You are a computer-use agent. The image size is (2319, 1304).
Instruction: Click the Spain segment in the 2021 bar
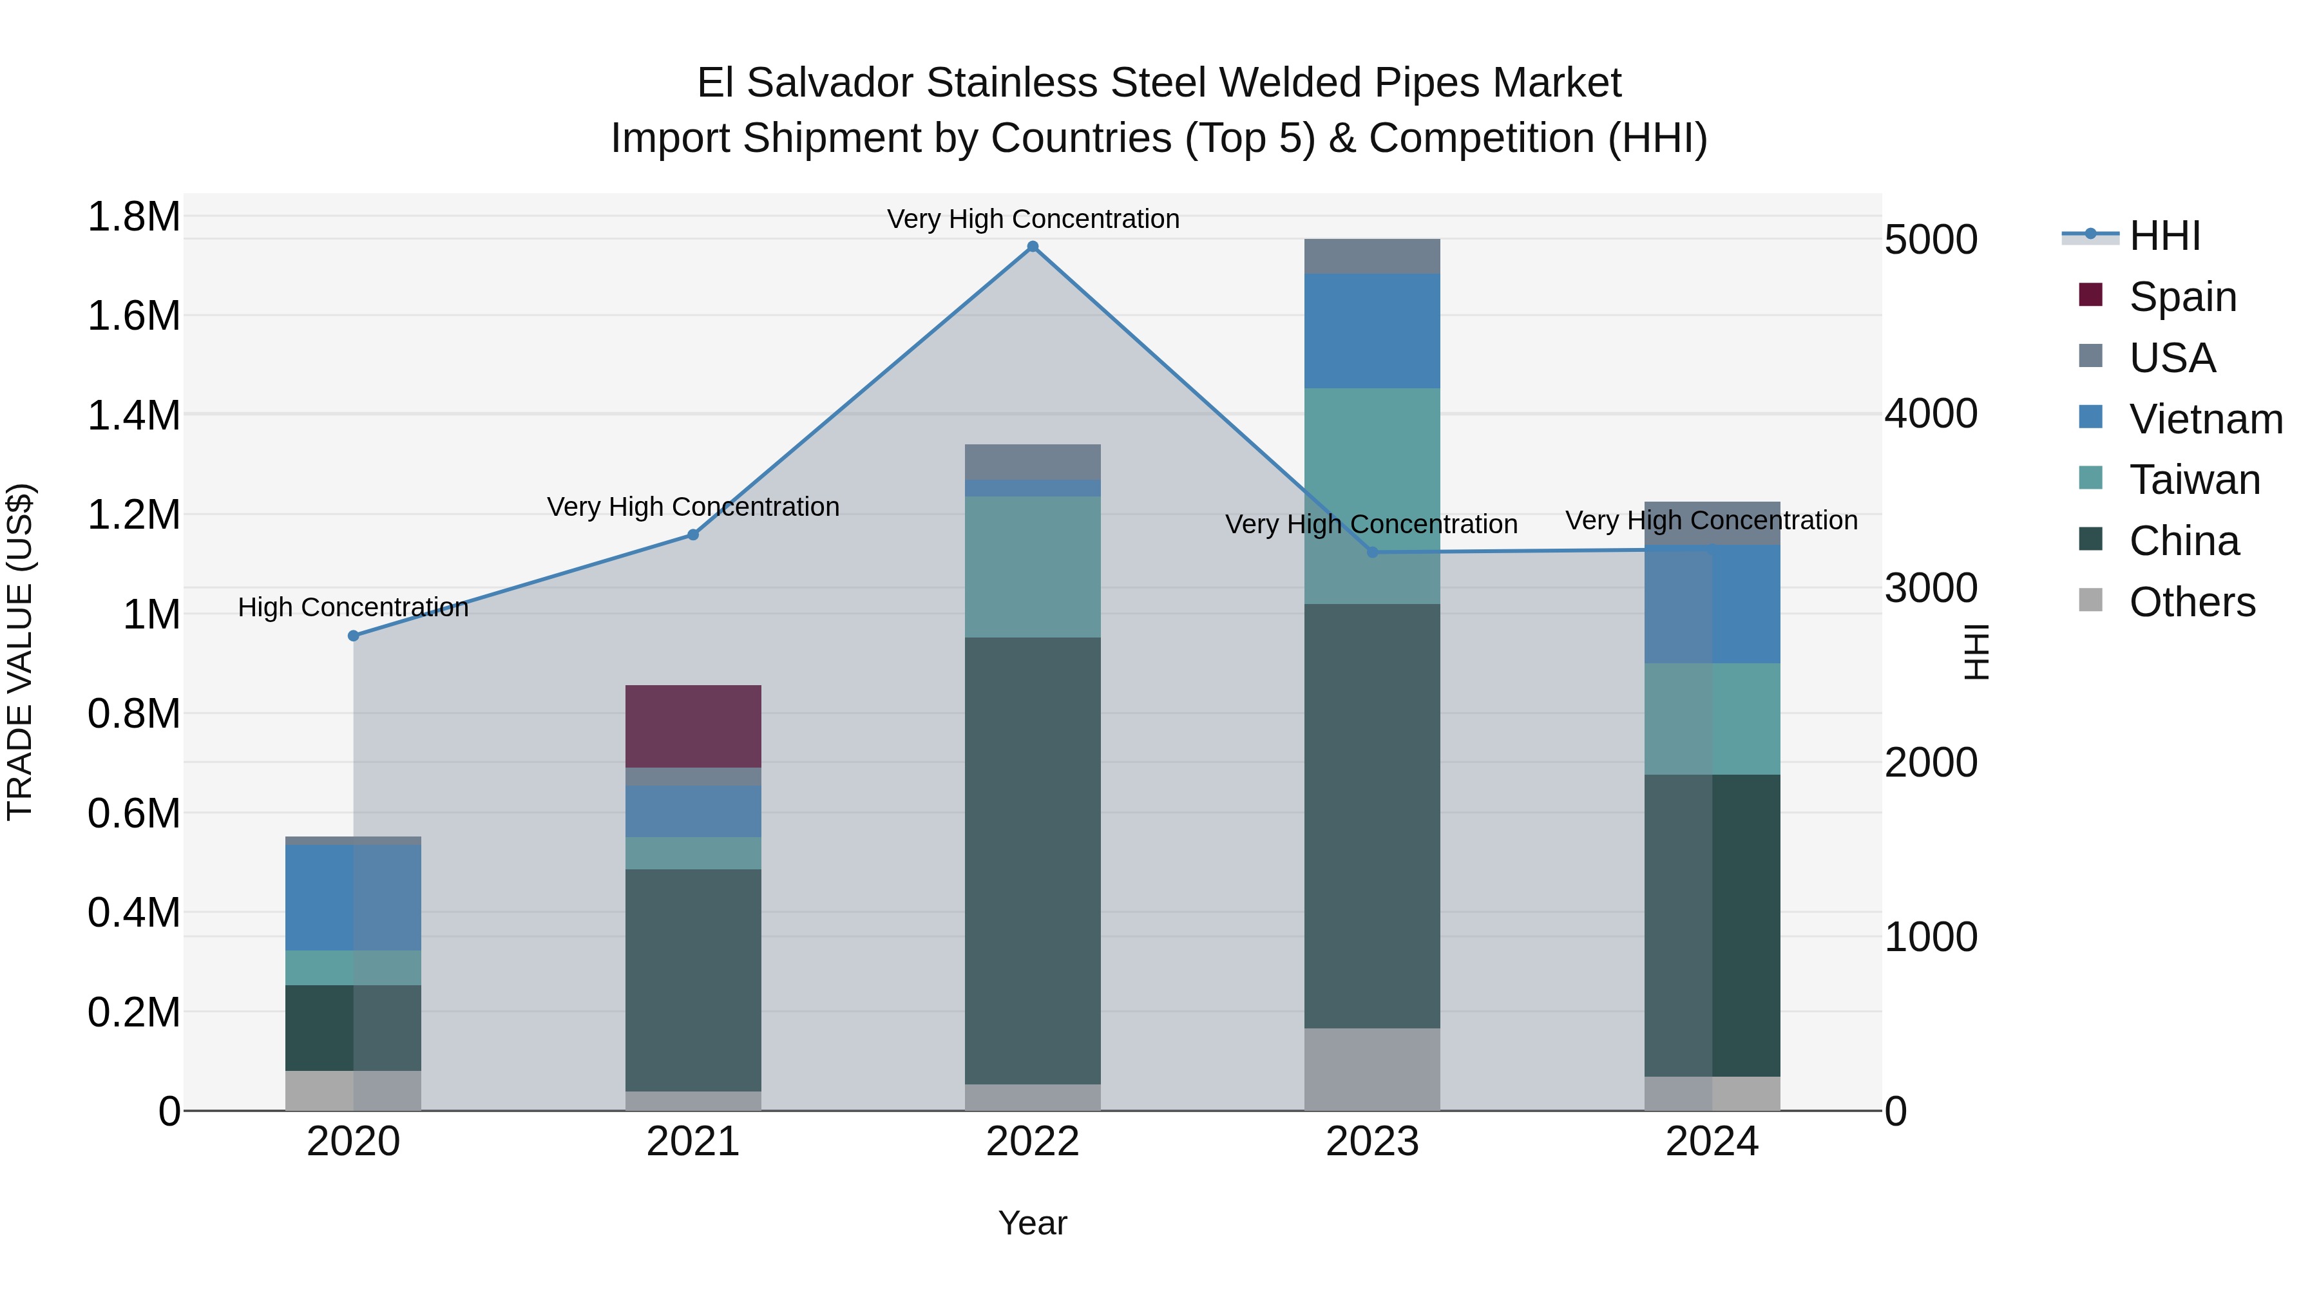693,726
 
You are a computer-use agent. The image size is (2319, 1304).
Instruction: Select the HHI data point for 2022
1033,247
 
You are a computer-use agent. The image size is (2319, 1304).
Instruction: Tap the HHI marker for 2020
354,636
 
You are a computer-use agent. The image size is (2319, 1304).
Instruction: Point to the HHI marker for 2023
1372,553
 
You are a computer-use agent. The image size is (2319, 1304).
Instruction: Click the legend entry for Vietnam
2206,419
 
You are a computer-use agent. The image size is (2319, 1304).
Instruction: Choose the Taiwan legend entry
2194,480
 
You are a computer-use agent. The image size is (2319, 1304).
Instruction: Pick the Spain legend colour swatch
2090,295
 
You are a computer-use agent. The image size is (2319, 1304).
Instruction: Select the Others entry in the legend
2192,602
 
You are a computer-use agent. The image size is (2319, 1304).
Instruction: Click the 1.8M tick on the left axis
133,217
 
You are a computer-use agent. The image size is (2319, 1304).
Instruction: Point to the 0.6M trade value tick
133,813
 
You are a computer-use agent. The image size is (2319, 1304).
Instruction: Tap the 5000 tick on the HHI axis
1931,240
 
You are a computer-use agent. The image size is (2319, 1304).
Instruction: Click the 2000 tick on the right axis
1931,763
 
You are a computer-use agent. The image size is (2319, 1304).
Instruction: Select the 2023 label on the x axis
1372,1142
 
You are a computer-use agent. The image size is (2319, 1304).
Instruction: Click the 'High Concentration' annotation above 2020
353,607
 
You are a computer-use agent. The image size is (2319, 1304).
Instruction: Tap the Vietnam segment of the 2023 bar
1372,330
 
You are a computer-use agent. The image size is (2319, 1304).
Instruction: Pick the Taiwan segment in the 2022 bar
1033,567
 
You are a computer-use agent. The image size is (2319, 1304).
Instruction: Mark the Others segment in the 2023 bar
1372,1069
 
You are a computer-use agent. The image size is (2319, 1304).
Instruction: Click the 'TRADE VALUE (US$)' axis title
20,652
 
